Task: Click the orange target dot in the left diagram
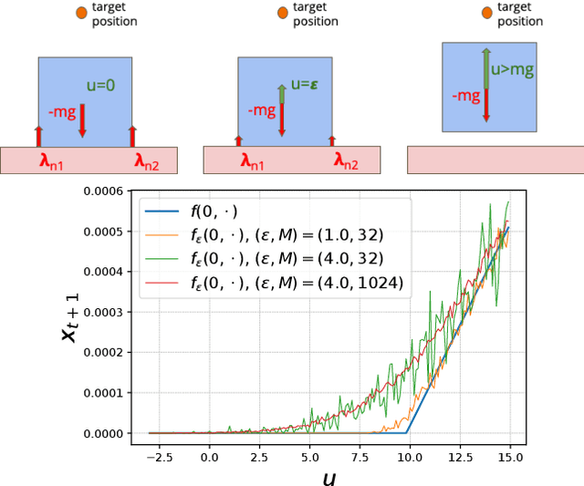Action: point(83,12)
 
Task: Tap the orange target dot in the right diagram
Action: point(487,12)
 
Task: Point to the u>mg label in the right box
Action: point(508,68)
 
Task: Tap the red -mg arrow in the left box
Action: point(82,120)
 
